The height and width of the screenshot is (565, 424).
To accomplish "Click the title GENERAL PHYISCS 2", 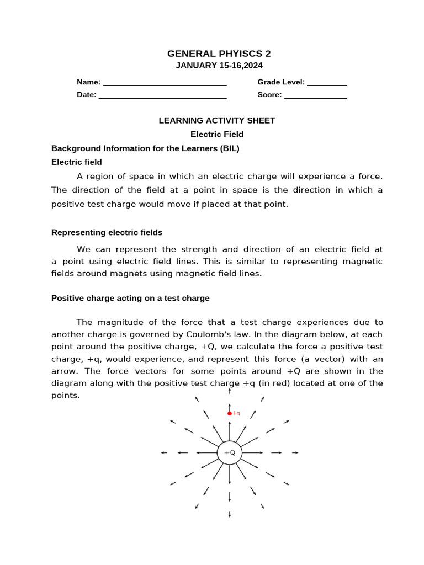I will click(x=219, y=54).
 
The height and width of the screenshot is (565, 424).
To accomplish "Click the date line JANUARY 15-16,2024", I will click(x=219, y=66).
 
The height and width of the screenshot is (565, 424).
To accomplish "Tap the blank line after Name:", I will click(x=165, y=83).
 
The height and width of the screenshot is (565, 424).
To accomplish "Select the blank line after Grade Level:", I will click(x=326, y=83).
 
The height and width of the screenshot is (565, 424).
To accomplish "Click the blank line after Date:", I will click(x=162, y=95).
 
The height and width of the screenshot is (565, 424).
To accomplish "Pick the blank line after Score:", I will click(x=315, y=95).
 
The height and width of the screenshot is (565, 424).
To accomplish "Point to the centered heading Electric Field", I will click(x=216, y=134).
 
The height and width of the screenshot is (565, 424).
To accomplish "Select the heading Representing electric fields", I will click(x=107, y=232).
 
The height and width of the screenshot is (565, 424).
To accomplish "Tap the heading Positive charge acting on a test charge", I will click(x=130, y=298).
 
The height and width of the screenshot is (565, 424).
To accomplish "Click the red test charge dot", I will click(x=230, y=413).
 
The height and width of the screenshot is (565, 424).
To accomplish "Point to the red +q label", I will click(x=236, y=413).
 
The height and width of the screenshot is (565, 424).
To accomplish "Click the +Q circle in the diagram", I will click(x=230, y=452).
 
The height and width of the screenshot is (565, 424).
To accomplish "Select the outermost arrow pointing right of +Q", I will click(x=295, y=452).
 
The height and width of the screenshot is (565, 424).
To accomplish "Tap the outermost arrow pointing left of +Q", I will click(x=164, y=452).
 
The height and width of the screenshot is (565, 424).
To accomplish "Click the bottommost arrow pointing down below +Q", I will click(x=230, y=514).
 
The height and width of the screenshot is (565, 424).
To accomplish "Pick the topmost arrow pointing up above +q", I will click(x=230, y=391).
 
